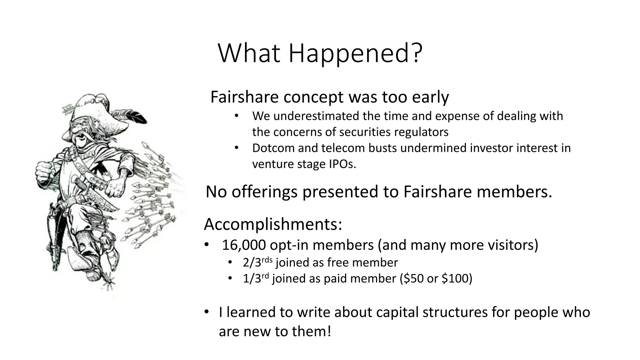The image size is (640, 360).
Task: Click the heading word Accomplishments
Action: click(x=272, y=224)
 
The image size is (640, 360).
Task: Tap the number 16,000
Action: click(x=243, y=245)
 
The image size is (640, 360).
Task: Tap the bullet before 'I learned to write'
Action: click(x=206, y=312)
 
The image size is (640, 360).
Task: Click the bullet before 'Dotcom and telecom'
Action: click(x=237, y=147)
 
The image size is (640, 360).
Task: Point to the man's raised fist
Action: click(x=44, y=171)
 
